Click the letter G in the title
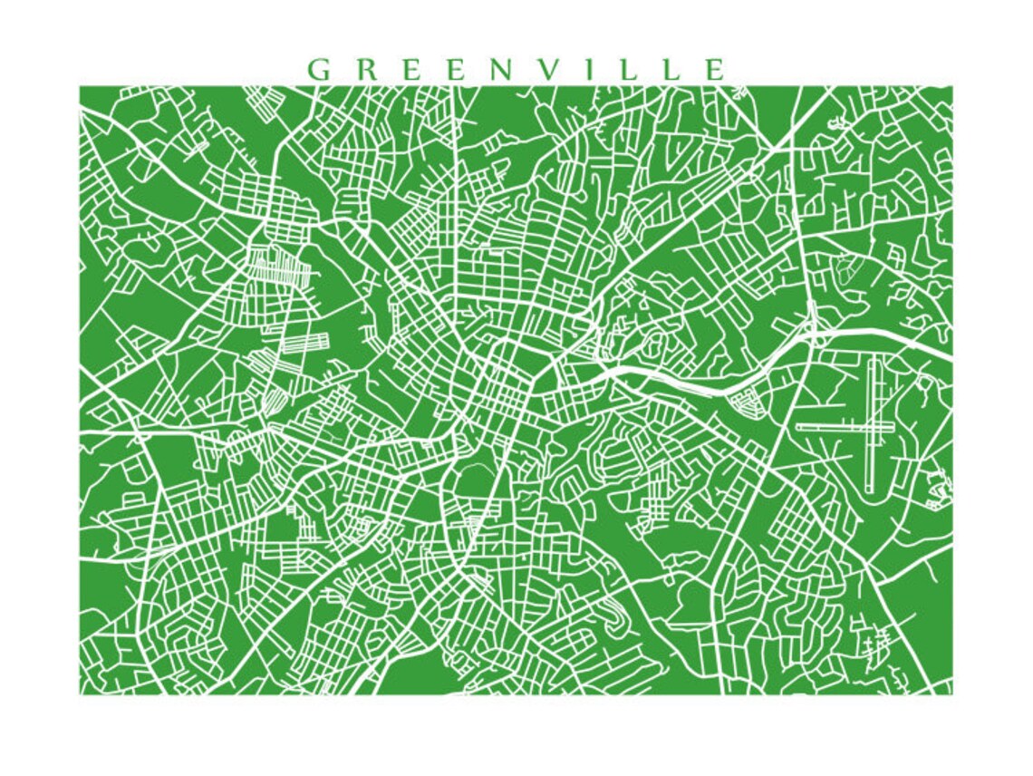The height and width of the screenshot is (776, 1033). [x=318, y=70]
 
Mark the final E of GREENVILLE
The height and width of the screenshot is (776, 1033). [x=713, y=70]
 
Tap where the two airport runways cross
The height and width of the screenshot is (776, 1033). [x=872, y=425]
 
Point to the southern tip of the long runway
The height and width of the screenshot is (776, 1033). [x=870, y=490]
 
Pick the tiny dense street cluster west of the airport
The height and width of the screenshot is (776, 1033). [x=747, y=399]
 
